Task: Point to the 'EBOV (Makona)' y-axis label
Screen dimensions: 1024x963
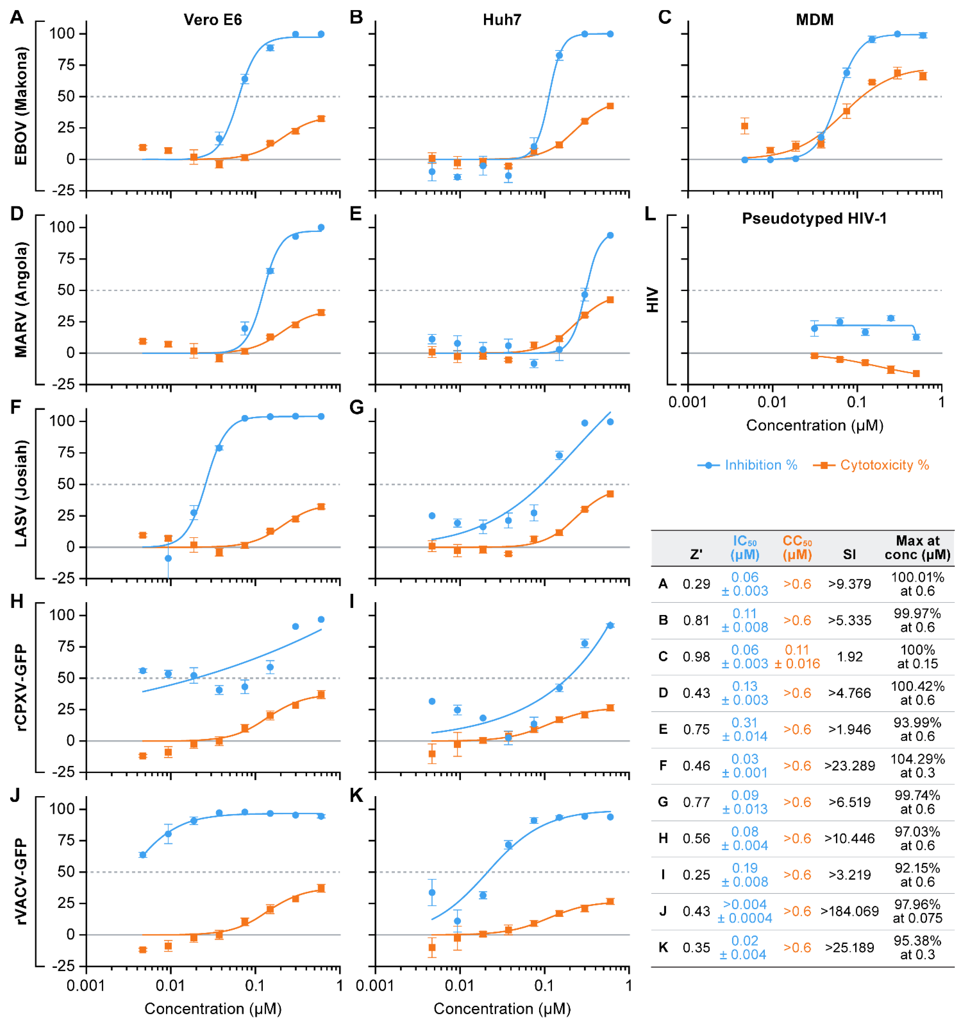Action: click(x=21, y=105)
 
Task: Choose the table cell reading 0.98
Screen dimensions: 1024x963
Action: click(x=696, y=657)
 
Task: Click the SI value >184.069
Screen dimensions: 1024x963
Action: click(x=849, y=911)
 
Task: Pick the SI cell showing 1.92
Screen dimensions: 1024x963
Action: click(x=849, y=657)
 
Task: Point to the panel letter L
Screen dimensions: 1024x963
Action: click(x=650, y=213)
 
